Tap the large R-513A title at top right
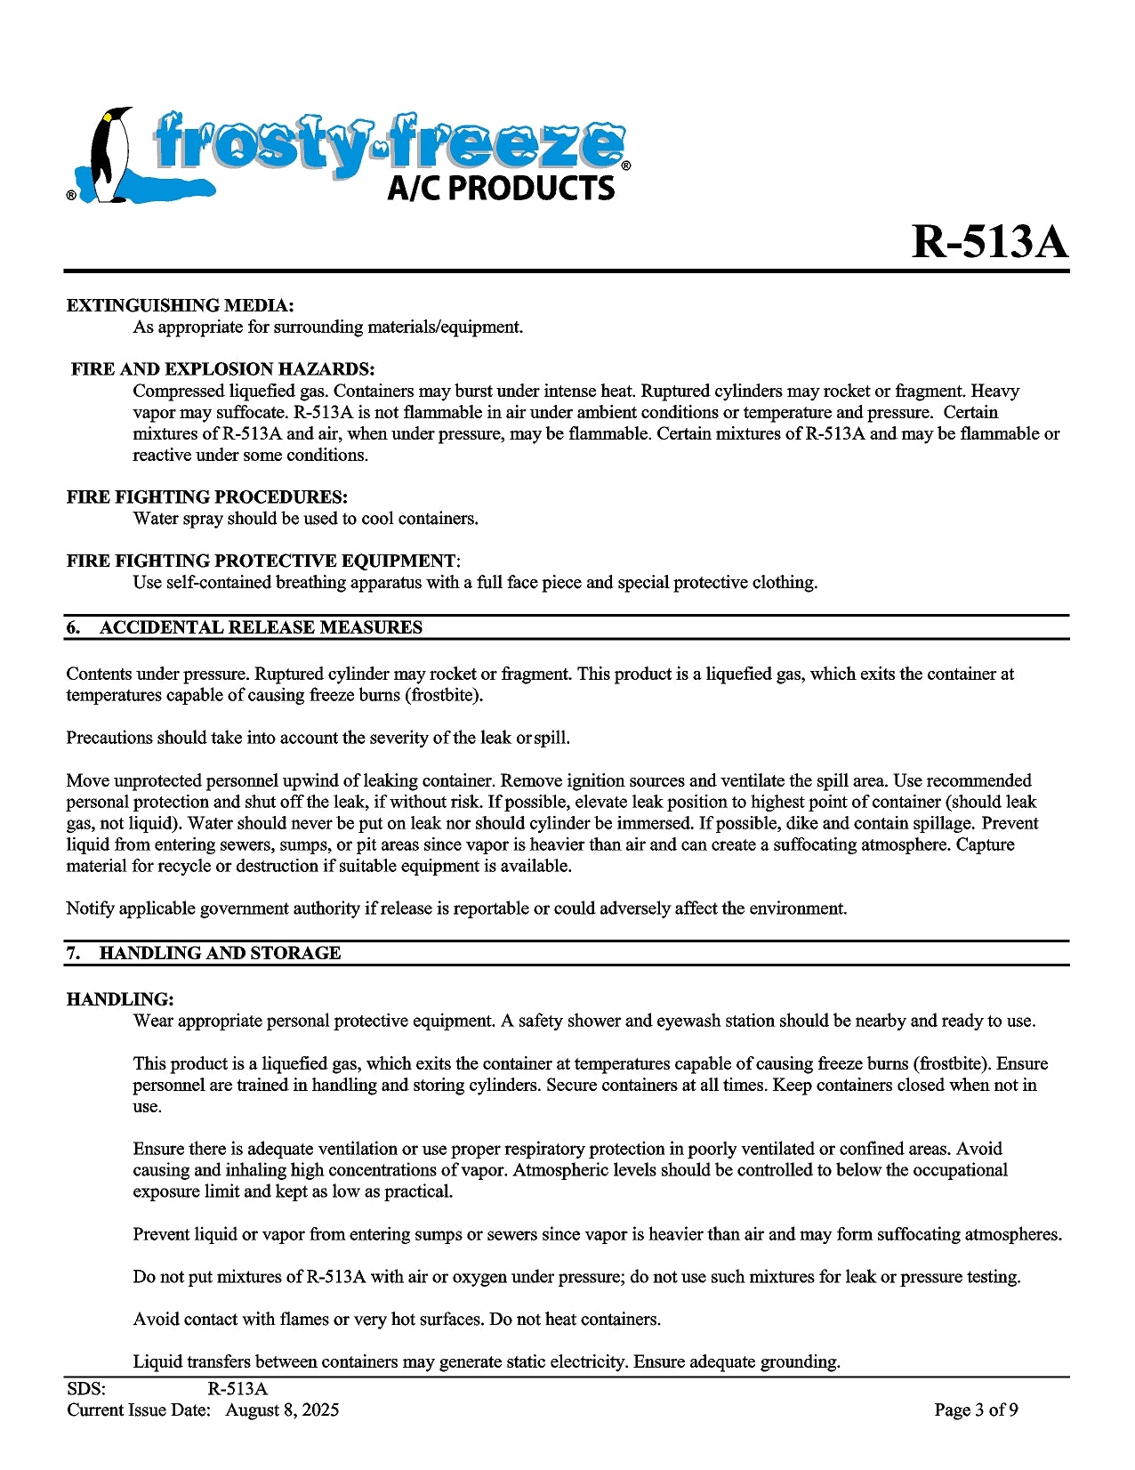[989, 241]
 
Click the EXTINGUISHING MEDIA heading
[180, 306]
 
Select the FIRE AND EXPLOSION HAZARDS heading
[222, 369]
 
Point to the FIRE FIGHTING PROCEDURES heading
[206, 497]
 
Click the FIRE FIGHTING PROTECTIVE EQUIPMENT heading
[262, 561]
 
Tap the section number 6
[73, 628]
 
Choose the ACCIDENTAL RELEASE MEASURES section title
[261, 628]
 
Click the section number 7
[73, 954]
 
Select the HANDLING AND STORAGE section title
[220, 954]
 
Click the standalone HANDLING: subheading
[120, 1000]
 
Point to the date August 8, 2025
[282, 1410]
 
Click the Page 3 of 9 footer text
[976, 1410]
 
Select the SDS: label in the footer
[86, 1390]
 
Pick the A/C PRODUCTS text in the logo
[501, 188]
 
